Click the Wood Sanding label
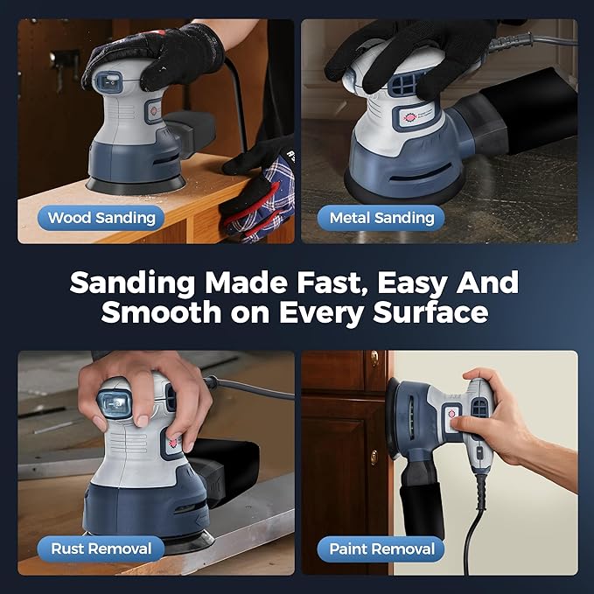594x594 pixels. (101, 218)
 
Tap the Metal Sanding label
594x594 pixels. (381, 218)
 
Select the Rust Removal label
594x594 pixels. (101, 549)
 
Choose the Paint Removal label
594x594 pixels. (381, 549)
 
